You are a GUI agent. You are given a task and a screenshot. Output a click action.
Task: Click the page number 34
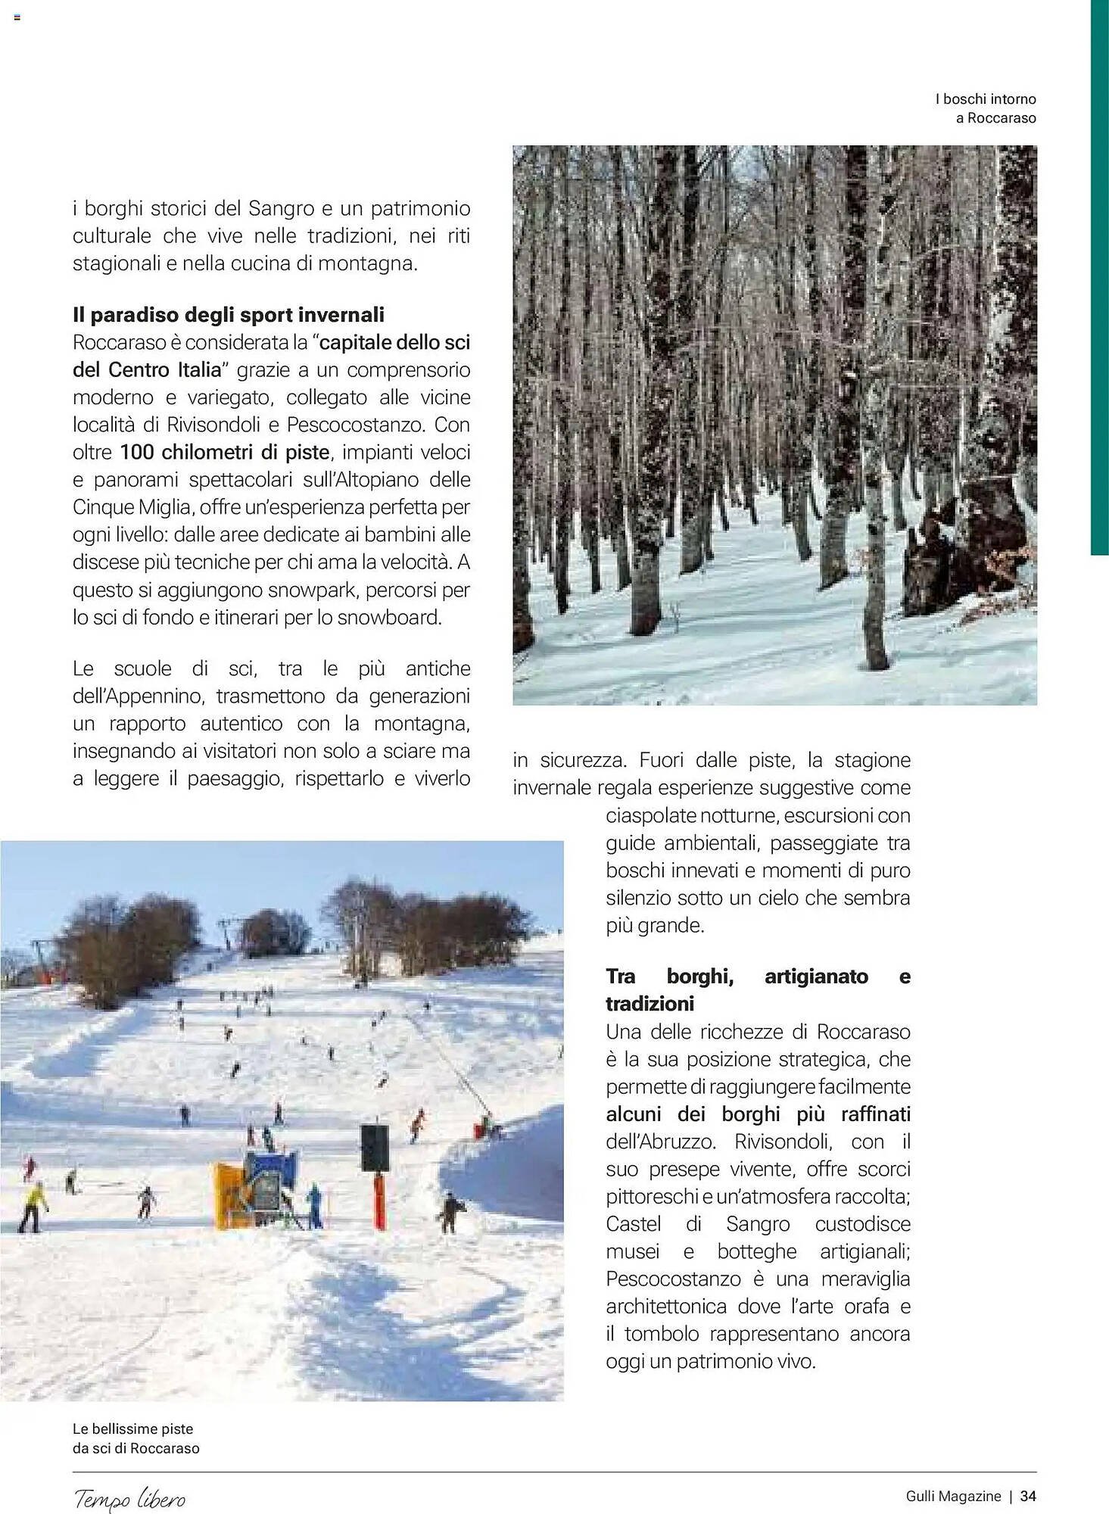coord(1028,1497)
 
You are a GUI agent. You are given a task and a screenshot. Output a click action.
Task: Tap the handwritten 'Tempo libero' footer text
coord(129,1498)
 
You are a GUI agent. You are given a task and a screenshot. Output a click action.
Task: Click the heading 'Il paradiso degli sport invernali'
coord(229,315)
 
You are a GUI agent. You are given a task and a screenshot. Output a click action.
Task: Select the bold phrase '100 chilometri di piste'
coord(225,453)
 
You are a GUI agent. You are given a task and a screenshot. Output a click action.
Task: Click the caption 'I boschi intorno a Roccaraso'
coord(986,108)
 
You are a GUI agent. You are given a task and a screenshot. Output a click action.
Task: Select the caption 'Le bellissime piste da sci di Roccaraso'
coord(136,1438)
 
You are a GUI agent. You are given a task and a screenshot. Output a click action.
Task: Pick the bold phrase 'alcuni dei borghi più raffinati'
coord(758,1114)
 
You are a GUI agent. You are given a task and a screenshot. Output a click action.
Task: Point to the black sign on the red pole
coord(375,1148)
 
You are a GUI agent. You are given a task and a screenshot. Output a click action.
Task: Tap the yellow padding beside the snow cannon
coord(229,1195)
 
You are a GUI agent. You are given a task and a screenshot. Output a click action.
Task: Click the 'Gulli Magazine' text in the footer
coord(953,1497)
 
